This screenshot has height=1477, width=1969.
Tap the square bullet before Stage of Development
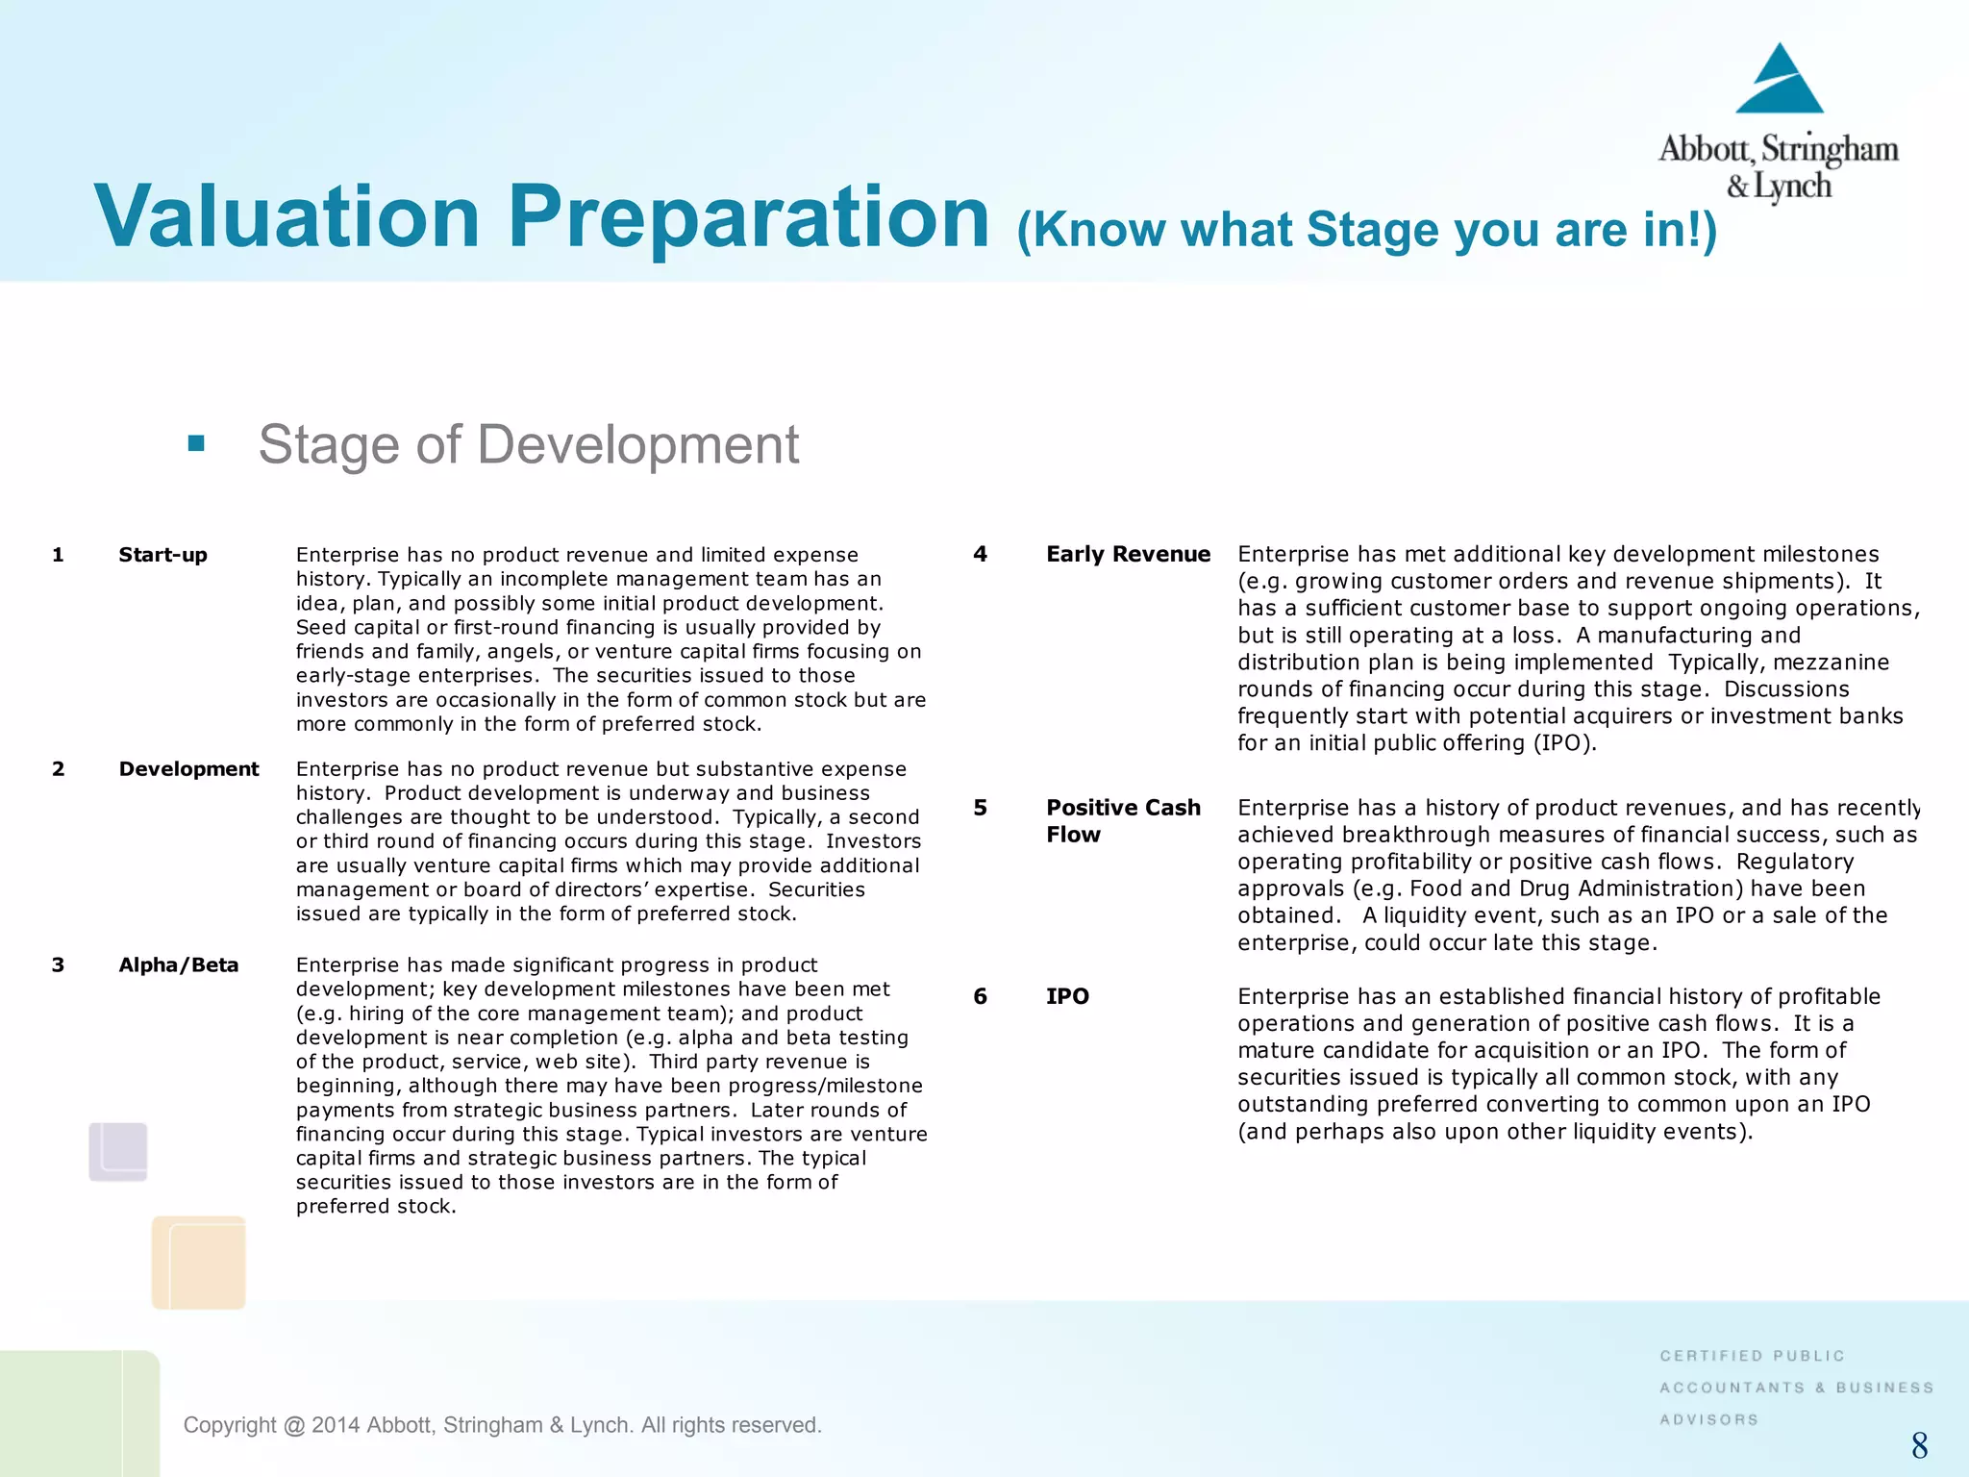coord(196,443)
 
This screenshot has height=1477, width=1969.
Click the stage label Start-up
coord(162,555)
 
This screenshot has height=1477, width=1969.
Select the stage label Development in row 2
coord(188,769)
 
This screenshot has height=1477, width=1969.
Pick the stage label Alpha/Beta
coord(178,965)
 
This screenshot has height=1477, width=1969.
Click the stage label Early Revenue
coord(1128,554)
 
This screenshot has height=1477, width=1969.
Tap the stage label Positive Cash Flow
coord(1122,820)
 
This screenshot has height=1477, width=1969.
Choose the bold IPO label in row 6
coord(1067,996)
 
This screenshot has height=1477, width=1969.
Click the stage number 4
coord(980,554)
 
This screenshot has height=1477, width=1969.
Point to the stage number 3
coord(58,965)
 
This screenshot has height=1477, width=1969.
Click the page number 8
coord(1919,1445)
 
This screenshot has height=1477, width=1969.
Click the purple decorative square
coord(118,1151)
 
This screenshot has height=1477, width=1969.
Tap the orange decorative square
coord(199,1262)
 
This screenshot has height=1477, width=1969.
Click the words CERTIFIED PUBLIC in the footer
coord(1752,1356)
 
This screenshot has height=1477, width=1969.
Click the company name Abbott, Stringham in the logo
coord(1778,150)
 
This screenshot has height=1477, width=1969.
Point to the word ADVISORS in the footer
coord(1708,1419)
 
